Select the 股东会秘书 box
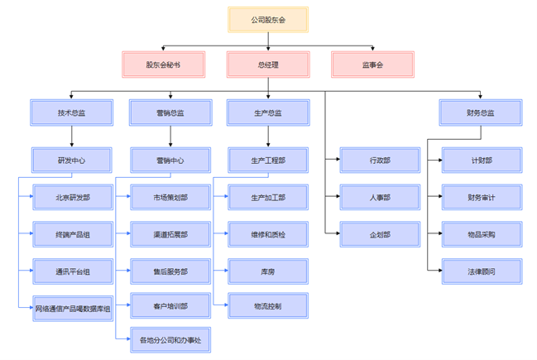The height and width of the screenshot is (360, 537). pos(163,65)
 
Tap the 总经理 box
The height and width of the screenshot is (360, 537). pos(268,65)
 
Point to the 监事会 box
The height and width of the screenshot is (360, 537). pos(372,65)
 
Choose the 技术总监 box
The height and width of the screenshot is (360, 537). pos(71,113)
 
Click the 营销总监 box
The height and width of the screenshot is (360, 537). pos(170,113)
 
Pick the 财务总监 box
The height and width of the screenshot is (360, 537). pos(480,113)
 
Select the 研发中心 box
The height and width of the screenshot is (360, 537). pos(71,161)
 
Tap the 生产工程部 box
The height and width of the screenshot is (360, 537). pos(268,161)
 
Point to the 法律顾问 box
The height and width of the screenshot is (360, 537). pos(481,271)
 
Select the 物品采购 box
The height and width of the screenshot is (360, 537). pos(481,235)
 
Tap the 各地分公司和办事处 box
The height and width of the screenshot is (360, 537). pos(170,340)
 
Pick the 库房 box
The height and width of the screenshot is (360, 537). pos(268,271)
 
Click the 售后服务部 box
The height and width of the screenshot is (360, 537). pos(170,271)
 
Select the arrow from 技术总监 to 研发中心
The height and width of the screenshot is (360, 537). pos(71,137)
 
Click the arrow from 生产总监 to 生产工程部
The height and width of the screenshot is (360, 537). pos(268,137)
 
